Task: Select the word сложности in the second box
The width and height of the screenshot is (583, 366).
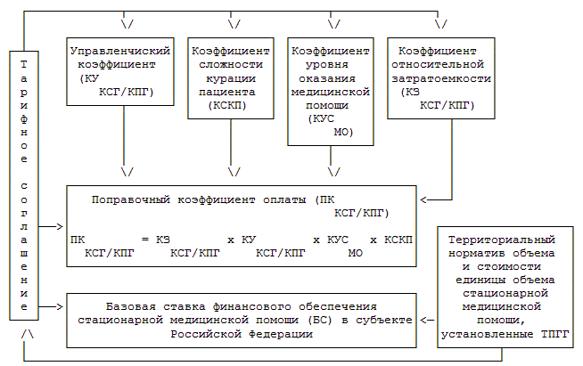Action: click(x=230, y=66)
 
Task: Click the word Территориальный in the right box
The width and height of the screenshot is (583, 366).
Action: click(x=501, y=240)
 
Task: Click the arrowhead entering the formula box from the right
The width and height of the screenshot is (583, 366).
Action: click(x=423, y=199)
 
